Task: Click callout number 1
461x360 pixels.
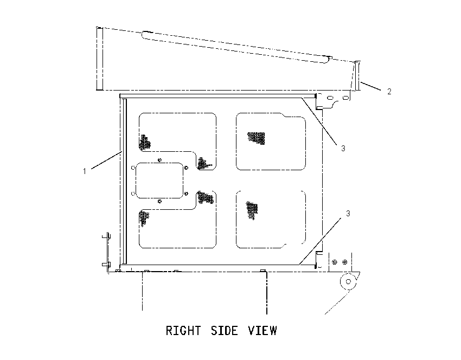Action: coord(85,171)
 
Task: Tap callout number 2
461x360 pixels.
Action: coord(389,92)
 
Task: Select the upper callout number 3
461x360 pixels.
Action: coord(343,149)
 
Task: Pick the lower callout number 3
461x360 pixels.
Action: coord(348,214)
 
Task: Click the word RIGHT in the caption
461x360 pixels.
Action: coord(183,331)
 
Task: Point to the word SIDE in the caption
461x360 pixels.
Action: coord(225,331)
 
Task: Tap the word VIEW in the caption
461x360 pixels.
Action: coord(262,331)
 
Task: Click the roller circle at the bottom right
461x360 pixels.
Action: coord(348,281)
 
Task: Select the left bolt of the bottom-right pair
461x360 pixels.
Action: coord(335,262)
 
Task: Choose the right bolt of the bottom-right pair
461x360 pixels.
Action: coord(345,262)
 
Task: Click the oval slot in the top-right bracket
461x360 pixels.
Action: coord(330,97)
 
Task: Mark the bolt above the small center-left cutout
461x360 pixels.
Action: coord(159,160)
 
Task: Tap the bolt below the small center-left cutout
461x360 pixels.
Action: coord(159,201)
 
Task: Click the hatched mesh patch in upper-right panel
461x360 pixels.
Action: coord(257,138)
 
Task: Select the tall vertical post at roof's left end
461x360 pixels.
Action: coord(100,59)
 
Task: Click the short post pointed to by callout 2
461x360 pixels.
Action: coord(357,75)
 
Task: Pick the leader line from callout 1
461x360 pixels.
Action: coord(106,160)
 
